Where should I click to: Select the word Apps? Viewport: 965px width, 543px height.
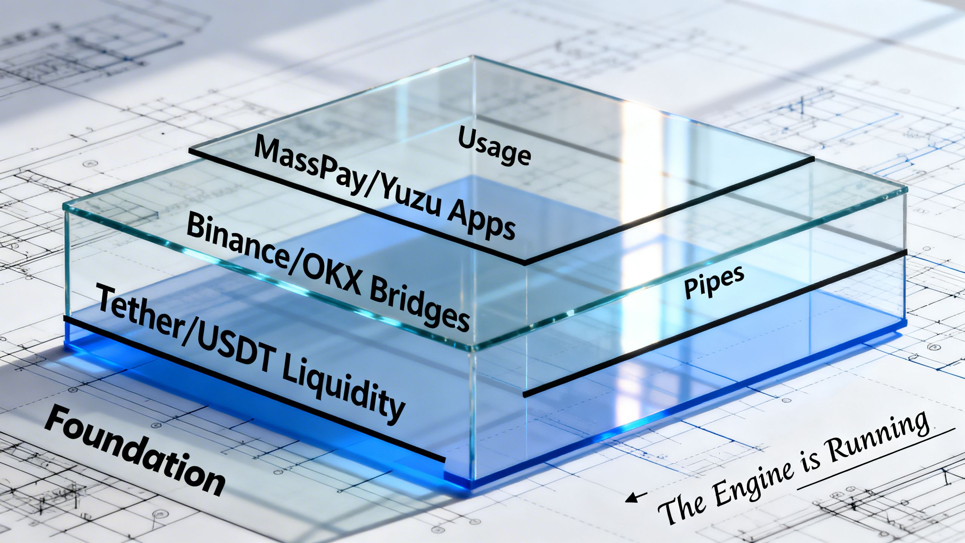[481, 222]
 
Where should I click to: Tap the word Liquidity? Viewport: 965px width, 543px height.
[341, 392]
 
